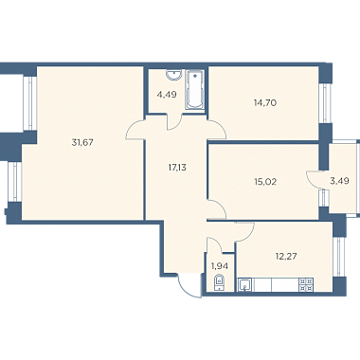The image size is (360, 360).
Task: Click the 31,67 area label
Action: pos(82,142)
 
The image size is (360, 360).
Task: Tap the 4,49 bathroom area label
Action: pos(167,94)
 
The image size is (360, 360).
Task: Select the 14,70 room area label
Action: pos(265,102)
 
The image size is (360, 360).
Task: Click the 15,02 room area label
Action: pos(265,182)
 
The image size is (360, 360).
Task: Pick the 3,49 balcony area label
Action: pos(340,181)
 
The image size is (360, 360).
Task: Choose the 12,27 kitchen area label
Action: pos(286,256)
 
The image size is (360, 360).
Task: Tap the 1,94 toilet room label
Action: pos(220,266)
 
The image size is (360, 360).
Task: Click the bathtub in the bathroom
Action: pos(195,90)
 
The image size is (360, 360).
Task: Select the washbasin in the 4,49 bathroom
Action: pos(173,75)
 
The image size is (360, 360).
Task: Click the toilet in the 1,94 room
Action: pos(219,282)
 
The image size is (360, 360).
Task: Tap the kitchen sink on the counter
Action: pos(244,284)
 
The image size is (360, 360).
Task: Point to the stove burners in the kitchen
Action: pos(306,284)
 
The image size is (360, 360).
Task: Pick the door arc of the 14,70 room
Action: pos(220,126)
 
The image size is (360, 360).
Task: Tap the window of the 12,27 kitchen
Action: pos(338,257)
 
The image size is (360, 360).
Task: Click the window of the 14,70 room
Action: pos(324,103)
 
